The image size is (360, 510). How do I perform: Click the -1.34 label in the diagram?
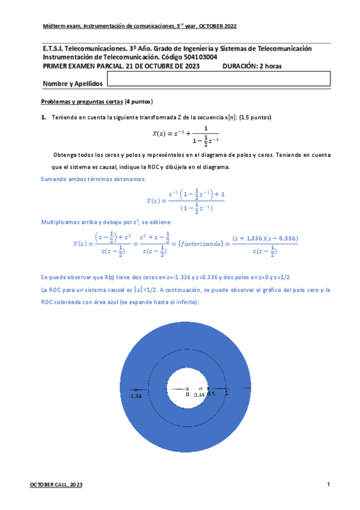[135, 396]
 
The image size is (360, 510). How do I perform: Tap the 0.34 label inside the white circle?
[199, 395]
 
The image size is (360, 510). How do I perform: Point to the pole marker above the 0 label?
[188, 389]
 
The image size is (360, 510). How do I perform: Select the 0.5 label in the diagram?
[210, 393]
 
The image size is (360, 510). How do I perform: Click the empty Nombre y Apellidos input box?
[218, 79]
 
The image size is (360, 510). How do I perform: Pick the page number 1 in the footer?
[329, 484]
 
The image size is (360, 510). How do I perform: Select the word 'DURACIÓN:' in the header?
[240, 66]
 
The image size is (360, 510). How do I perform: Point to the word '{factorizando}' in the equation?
[201, 242]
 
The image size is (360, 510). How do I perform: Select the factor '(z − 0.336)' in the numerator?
[281, 238]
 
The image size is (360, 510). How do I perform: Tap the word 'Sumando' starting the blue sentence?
[54, 179]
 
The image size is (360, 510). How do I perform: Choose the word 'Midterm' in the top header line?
[53, 26]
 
